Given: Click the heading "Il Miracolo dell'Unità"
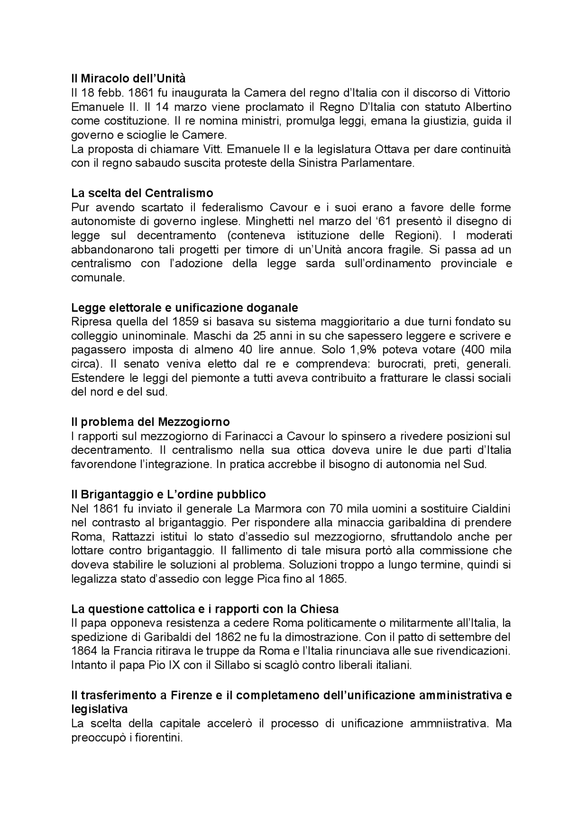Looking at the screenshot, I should [128, 78].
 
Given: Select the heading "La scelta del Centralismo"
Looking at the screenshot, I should [142, 192].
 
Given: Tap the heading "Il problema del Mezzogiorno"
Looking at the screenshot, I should [150, 421].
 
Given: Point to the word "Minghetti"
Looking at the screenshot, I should [269, 221].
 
